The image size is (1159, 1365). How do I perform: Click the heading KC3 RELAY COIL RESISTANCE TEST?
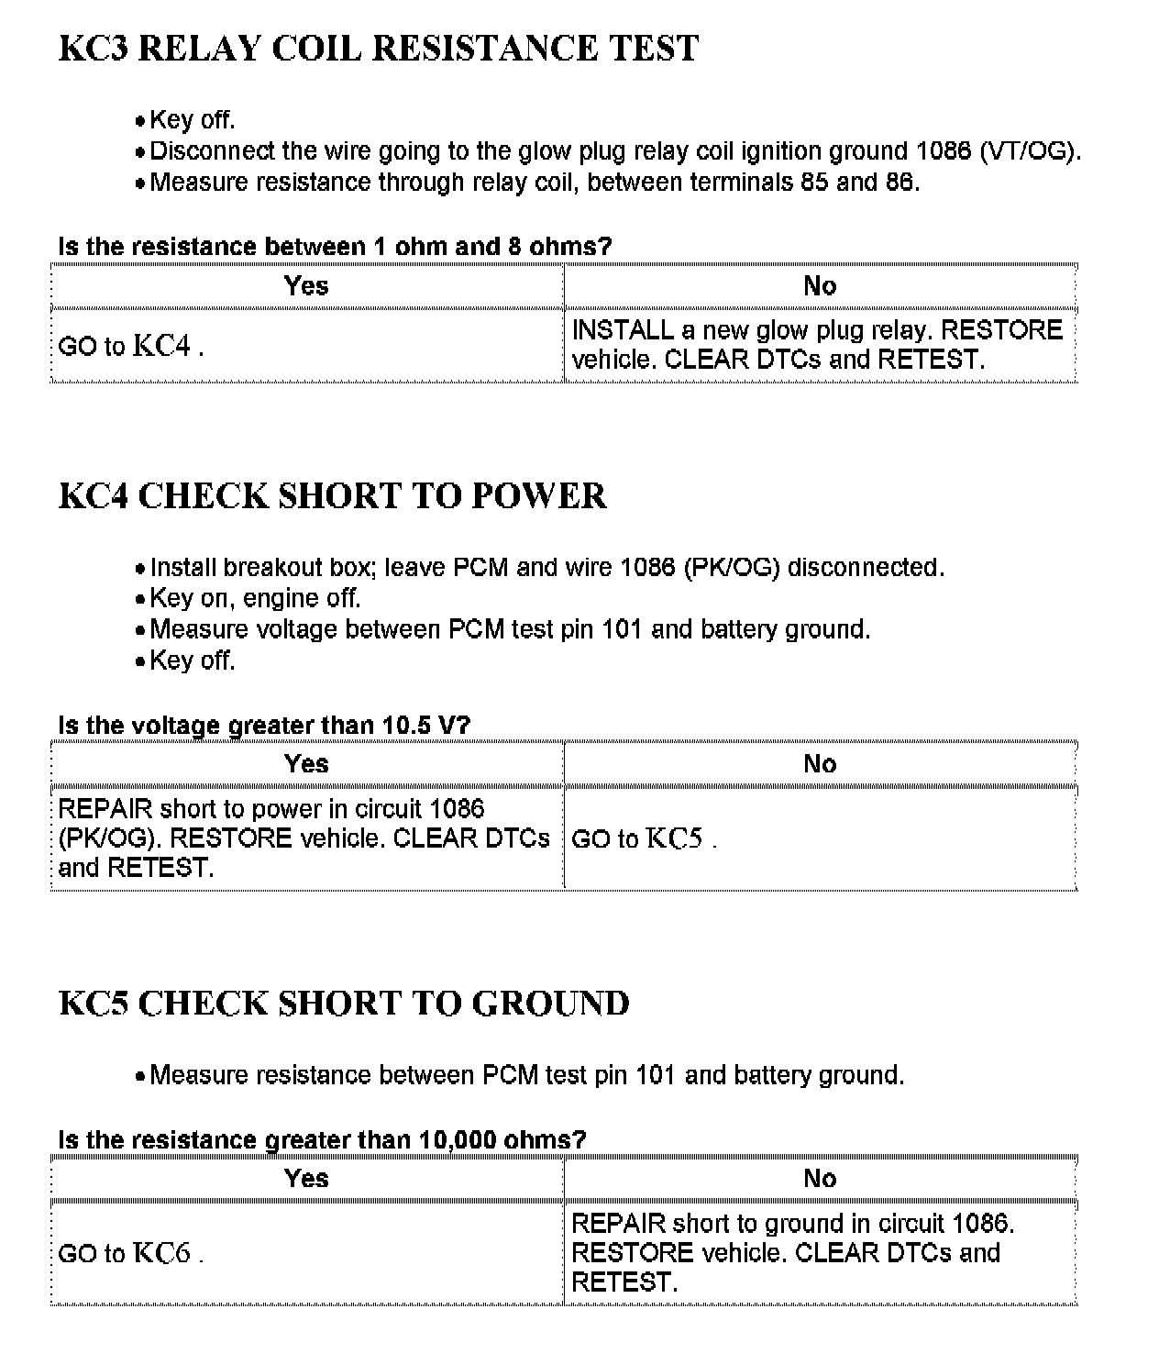pos(379,49)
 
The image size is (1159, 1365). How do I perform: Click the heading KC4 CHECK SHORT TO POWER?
pos(332,496)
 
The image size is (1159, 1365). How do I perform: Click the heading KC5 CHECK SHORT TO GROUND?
pos(344,1004)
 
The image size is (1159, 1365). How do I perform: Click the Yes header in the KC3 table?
pos(306,286)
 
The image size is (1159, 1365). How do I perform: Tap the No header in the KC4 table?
pos(820,764)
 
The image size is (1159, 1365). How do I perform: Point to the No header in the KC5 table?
pos(820,1179)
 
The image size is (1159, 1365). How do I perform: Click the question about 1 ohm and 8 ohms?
pos(335,247)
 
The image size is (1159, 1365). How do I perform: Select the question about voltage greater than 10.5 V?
pos(264,726)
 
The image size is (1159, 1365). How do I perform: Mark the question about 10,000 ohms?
pos(322,1140)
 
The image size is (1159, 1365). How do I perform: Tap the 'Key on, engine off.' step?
pos(255,598)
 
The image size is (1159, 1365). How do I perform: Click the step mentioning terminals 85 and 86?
pos(534,182)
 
